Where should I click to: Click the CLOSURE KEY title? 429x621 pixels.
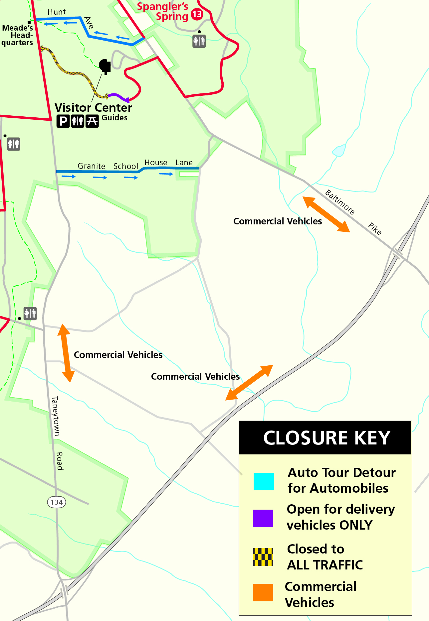click(x=326, y=437)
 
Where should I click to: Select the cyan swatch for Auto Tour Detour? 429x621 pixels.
click(x=264, y=481)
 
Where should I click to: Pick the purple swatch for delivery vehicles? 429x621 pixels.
click(x=263, y=518)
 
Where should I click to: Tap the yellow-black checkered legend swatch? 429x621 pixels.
click(x=263, y=557)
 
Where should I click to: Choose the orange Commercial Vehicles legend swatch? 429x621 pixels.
click(x=263, y=592)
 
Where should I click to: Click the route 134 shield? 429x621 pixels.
click(x=57, y=502)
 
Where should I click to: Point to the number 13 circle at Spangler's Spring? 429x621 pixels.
click(x=197, y=14)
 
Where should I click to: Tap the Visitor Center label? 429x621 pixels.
click(x=93, y=108)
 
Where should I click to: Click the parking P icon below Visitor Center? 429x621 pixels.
click(x=63, y=121)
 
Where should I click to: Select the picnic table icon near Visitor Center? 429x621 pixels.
click(x=92, y=121)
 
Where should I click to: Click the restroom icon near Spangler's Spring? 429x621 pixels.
click(x=199, y=41)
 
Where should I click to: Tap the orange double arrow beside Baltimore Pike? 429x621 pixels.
click(x=326, y=214)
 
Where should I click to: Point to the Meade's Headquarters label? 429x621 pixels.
click(x=17, y=35)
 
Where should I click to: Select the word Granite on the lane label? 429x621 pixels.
click(x=91, y=166)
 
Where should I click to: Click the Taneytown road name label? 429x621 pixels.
click(x=56, y=416)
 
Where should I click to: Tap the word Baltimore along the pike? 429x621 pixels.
click(x=340, y=202)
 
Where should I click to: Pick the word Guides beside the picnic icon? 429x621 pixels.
click(x=114, y=118)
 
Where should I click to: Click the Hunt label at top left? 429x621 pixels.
click(x=57, y=12)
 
